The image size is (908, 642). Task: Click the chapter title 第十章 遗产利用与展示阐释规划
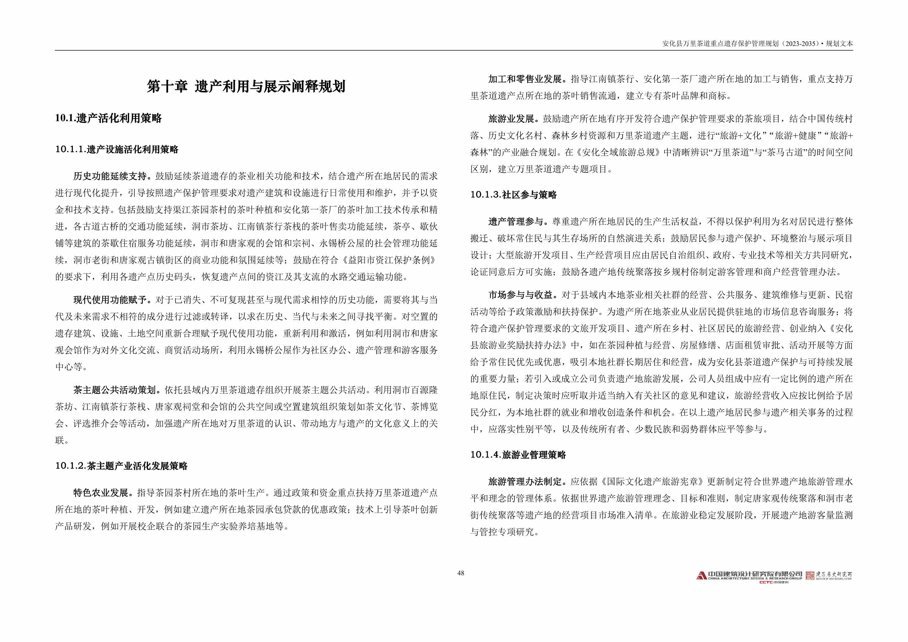(x=246, y=86)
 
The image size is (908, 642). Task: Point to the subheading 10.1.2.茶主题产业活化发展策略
(x=121, y=466)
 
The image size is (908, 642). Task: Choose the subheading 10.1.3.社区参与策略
(x=513, y=195)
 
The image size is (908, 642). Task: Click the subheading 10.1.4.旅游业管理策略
(x=518, y=455)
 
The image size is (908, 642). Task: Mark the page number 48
(x=461, y=573)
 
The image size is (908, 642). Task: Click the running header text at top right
(x=757, y=44)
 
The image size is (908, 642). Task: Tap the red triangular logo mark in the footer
(x=701, y=575)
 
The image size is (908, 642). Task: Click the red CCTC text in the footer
(x=766, y=582)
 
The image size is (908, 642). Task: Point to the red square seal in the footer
(x=810, y=575)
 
